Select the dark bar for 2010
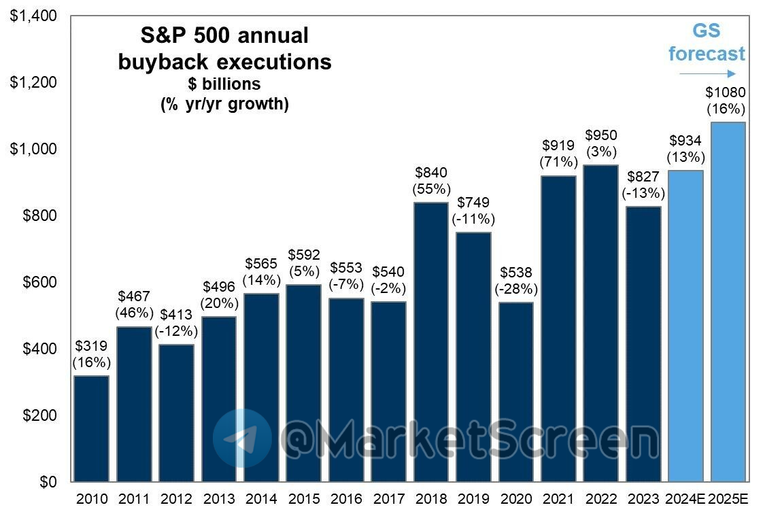point(92,428)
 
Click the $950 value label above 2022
point(600,135)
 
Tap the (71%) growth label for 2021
point(558,162)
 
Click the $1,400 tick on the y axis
point(33,16)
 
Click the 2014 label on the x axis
point(261,500)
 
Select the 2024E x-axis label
point(685,500)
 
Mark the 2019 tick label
point(473,500)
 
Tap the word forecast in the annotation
point(707,54)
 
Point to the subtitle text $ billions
point(225,84)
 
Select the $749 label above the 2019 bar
point(473,203)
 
